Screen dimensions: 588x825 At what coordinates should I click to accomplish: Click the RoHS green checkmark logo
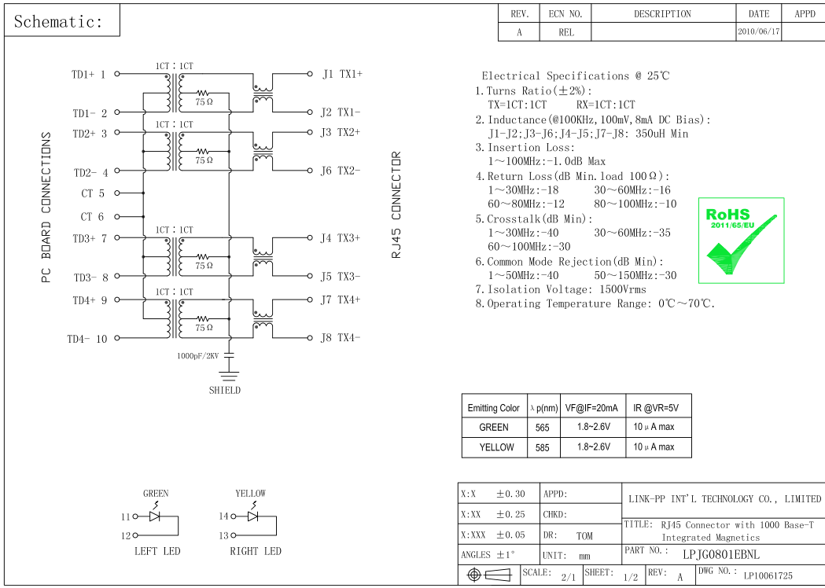coord(741,241)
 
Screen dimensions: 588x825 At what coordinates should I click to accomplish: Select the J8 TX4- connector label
coord(340,338)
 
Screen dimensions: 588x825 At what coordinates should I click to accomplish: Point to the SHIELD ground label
coord(225,390)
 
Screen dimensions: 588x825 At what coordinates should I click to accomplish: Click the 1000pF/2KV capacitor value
coord(199,356)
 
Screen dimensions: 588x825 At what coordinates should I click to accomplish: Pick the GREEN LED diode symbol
coord(155,516)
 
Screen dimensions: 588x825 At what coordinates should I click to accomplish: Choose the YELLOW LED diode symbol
coord(253,516)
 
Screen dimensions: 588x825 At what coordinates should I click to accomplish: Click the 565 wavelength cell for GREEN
coord(543,428)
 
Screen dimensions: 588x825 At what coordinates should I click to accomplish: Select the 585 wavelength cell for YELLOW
coord(543,447)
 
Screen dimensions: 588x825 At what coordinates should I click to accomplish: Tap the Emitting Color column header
coord(493,408)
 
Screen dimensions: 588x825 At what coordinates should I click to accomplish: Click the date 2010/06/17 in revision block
coord(759,32)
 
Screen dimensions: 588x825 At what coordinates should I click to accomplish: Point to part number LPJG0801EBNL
coord(721,553)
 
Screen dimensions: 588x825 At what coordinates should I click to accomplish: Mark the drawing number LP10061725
coord(768,575)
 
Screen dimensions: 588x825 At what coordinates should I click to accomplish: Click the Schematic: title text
coord(58,22)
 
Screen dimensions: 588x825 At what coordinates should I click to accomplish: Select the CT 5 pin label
coord(93,193)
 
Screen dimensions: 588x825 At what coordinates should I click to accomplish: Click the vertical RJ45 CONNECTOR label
coord(396,205)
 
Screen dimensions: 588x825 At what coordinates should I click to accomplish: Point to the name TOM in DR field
coord(584,536)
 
